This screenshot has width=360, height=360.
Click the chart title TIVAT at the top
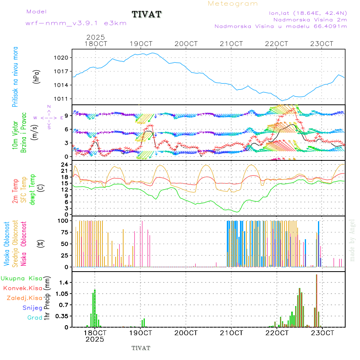(146, 15)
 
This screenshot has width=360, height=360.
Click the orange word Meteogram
(233, 4)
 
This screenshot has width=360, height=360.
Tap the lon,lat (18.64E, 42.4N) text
(308, 13)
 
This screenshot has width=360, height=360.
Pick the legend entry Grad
(34, 318)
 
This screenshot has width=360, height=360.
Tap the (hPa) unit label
(37, 76)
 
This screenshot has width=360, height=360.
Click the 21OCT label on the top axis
(233, 44)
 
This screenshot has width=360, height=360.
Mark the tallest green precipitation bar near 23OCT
(316, 300)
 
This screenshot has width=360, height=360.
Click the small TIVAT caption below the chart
(141, 348)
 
